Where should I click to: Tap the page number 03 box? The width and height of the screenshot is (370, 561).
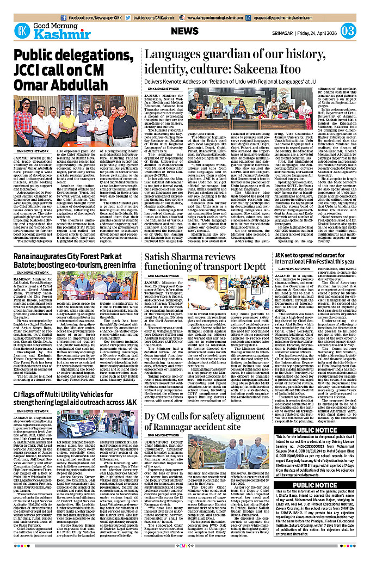tap(349, 30)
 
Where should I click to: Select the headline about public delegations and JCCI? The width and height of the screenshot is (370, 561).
tap(73, 71)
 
